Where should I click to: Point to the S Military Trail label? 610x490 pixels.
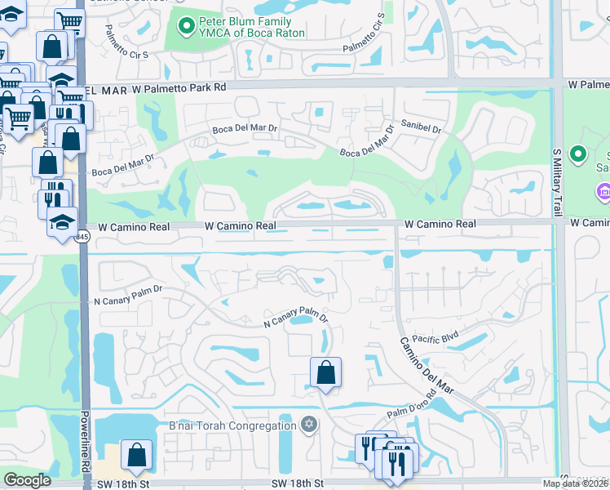tap(558, 184)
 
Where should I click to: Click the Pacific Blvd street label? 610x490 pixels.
tap(436, 337)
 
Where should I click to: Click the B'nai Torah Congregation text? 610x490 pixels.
tap(232, 425)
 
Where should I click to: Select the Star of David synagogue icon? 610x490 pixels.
tap(308, 425)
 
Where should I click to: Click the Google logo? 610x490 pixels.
tap(27, 480)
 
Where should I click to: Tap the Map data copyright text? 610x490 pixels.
tap(576, 483)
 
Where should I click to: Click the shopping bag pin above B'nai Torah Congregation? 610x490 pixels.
tap(325, 372)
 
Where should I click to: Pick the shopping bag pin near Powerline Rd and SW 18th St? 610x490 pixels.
tap(136, 454)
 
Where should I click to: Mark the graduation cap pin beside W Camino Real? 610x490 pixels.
tap(61, 222)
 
